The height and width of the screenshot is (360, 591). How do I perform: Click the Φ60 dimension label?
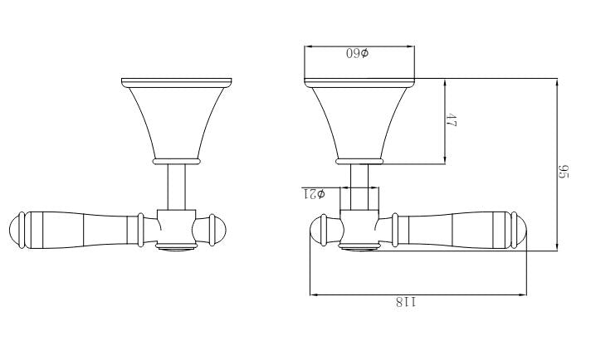coord(358,53)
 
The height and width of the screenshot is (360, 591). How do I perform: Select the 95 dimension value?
coord(563,173)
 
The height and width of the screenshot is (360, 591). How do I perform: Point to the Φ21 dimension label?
coord(313,194)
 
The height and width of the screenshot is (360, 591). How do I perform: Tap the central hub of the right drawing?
coord(360,226)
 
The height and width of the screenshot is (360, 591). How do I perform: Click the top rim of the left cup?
coord(177,80)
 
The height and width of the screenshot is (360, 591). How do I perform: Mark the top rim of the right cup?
coord(359,80)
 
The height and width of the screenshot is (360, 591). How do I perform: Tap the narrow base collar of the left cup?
coord(177,158)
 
